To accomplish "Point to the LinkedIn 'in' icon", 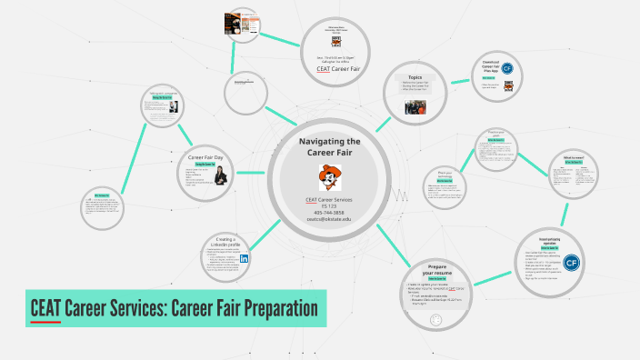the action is [245, 258].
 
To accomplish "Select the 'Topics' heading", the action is [415, 78].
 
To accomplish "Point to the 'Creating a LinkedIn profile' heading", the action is [226, 243].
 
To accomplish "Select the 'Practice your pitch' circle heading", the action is [495, 133].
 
